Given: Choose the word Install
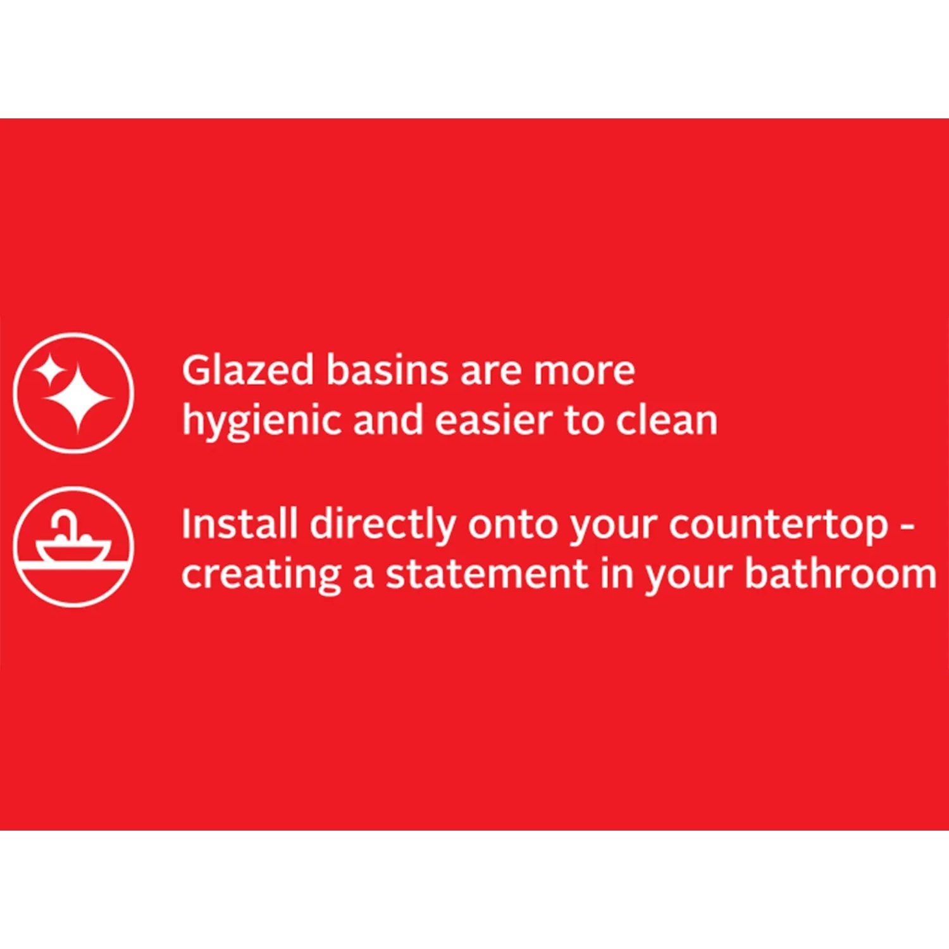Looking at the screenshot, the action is (239, 524).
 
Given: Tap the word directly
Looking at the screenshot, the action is (383, 525).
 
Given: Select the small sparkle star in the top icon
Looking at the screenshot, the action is (49, 370).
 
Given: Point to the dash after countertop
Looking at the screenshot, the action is (908, 527).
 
